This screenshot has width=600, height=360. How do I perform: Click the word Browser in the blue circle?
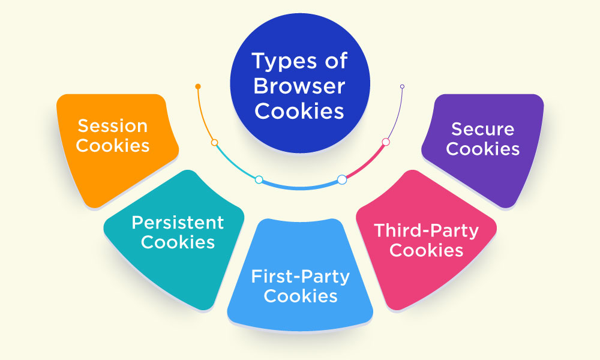pos(299,86)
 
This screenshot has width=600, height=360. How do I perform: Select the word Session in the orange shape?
pos(112,126)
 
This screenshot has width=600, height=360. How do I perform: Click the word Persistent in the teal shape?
pos(178,223)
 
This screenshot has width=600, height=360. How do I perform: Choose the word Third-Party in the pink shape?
pos(426,230)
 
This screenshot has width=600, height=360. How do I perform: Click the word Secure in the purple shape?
pos(482,129)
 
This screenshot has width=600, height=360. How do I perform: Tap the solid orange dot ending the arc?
pos(197,86)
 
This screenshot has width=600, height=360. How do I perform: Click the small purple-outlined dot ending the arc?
pos(402,86)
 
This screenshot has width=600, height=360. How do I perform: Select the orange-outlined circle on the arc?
pos(214,143)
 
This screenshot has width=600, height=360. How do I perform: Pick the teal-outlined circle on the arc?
pos(259,179)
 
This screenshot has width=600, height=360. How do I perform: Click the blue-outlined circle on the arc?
pos(342,179)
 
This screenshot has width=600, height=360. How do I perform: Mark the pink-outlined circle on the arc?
pos(386,142)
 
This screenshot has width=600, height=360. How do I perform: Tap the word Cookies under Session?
pos(113,145)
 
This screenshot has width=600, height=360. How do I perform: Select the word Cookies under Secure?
pos(482,148)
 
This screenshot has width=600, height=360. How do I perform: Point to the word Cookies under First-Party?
pos(300,296)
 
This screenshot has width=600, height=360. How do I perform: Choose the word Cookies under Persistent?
pos(178,242)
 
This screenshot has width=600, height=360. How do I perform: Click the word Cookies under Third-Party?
pos(426,250)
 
